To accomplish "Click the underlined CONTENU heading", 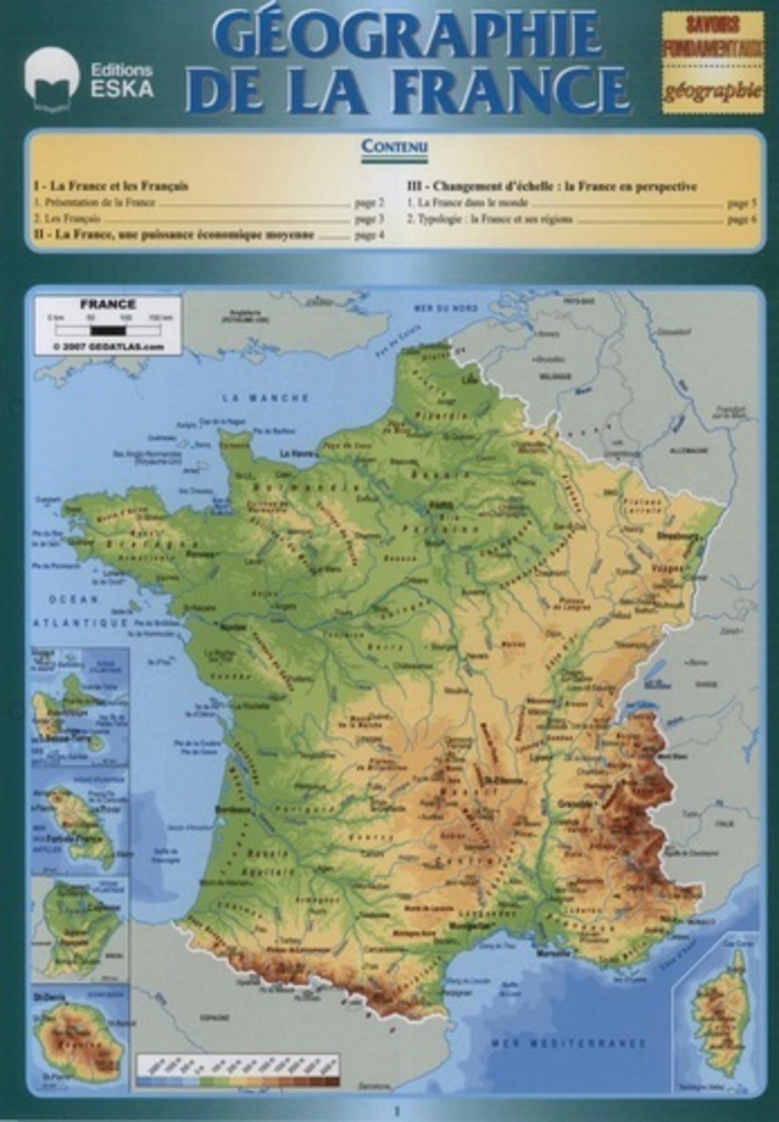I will (x=394, y=147).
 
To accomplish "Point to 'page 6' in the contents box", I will (x=742, y=220).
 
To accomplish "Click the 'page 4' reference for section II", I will (x=369, y=236).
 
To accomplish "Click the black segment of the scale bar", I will (x=108, y=331).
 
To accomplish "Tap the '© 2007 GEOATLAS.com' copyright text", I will (x=109, y=347).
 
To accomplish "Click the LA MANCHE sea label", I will (x=266, y=398).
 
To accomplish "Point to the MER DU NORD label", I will (x=445, y=309).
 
